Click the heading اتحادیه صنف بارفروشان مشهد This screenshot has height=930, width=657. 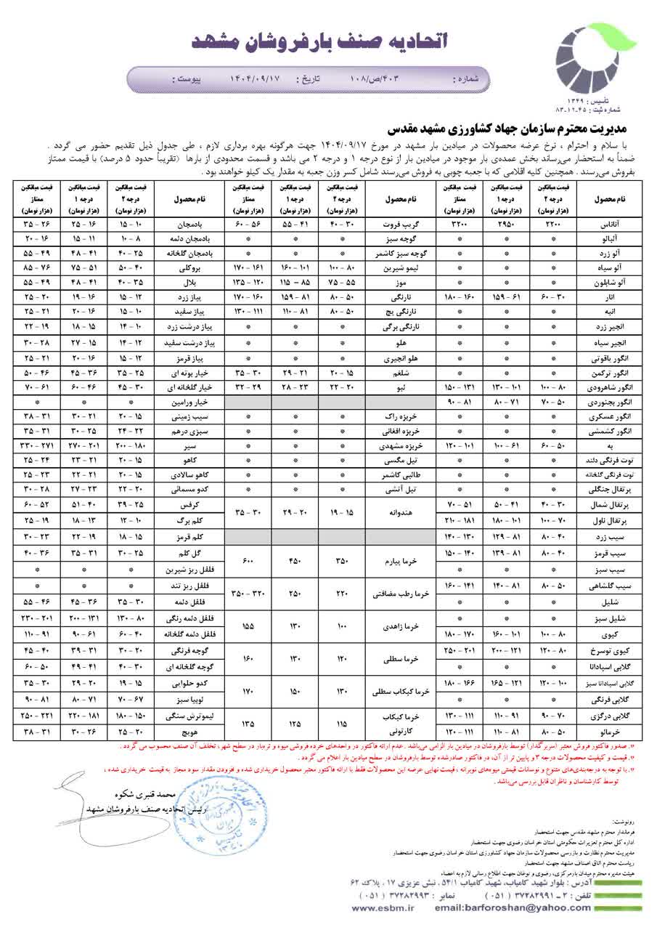tap(319, 41)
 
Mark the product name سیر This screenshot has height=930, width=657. tap(192, 443)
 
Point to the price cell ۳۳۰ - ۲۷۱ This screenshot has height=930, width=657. tap(36, 443)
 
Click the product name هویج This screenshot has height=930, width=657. tap(192, 732)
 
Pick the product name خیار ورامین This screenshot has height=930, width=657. tap(192, 401)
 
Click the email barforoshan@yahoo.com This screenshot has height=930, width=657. tap(505, 907)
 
